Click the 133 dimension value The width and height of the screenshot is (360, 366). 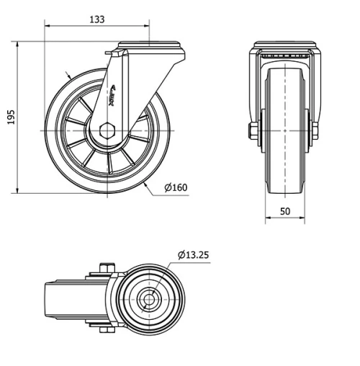(96, 19)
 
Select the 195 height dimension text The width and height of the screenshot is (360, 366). (10, 117)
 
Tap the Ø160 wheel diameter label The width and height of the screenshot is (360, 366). (176, 188)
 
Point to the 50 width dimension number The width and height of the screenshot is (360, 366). (286, 211)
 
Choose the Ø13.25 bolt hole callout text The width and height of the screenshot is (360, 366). (194, 254)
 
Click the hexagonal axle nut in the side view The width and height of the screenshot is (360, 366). (107, 130)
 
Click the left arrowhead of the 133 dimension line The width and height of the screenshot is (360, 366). (48, 27)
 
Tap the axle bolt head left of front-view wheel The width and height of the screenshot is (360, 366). (254, 131)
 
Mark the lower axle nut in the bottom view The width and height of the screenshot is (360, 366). (105, 331)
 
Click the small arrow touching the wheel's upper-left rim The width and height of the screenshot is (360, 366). (67, 75)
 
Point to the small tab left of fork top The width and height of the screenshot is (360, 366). (109, 54)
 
